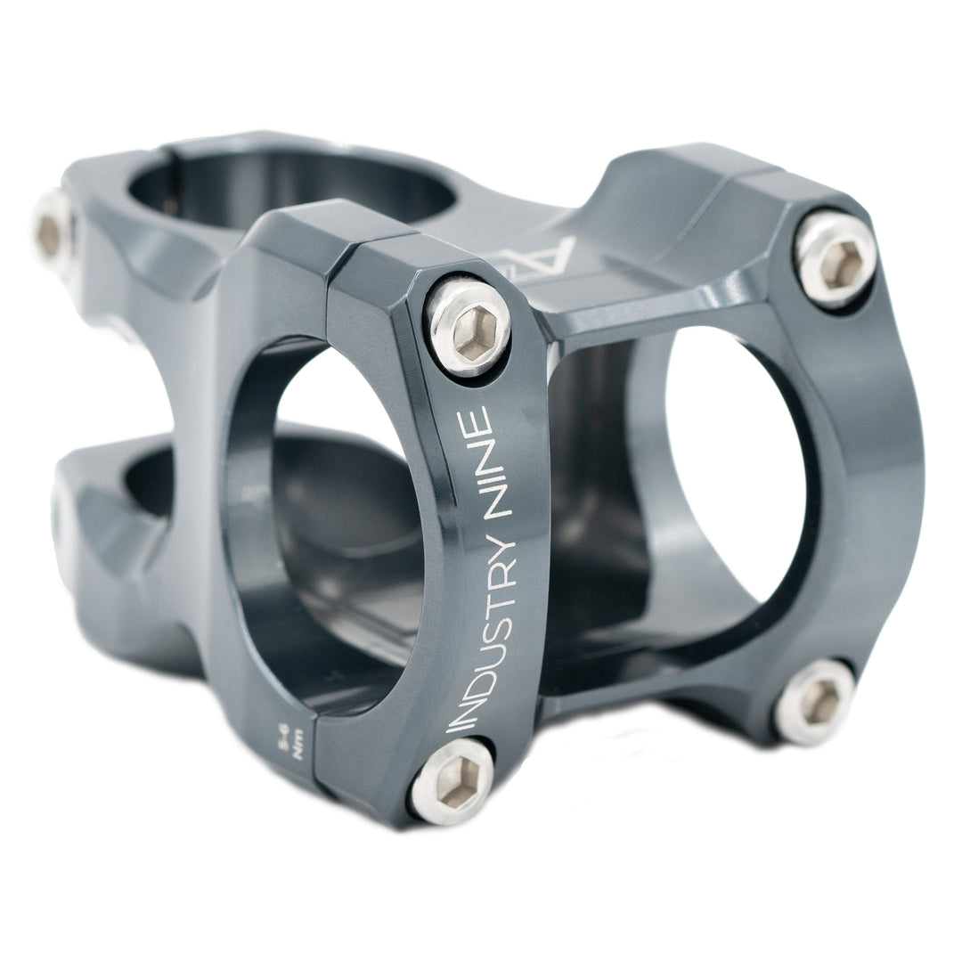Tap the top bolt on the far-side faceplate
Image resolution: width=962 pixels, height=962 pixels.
coord(833,257)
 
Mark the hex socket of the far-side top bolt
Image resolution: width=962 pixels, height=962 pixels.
coord(833,257)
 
